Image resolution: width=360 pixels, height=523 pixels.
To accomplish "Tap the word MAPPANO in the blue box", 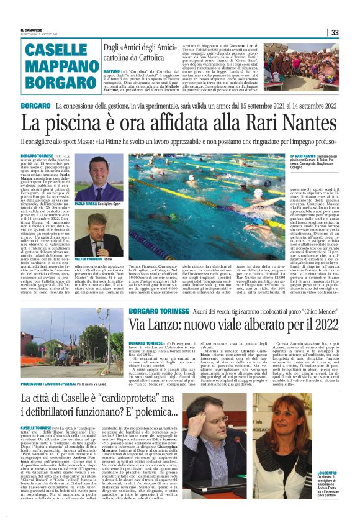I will click(x=60, y=66).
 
